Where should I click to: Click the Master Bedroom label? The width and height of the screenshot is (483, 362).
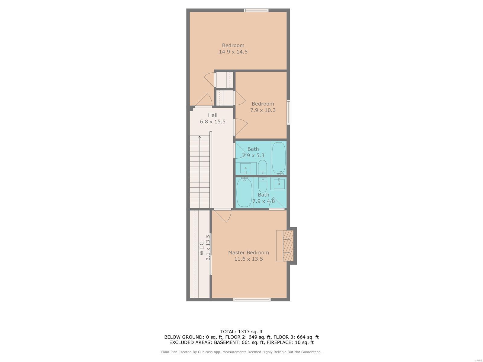248,252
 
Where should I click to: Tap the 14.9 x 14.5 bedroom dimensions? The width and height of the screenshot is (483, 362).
233,52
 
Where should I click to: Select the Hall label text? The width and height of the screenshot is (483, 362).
213,115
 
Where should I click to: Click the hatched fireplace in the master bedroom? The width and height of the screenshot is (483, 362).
288,246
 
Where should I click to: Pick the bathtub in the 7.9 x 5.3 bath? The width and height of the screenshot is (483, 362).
279,158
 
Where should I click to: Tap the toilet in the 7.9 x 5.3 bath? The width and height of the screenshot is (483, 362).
262,167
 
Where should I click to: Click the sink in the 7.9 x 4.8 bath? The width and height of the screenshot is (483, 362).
279,184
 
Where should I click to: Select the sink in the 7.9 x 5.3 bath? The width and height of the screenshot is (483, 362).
245,169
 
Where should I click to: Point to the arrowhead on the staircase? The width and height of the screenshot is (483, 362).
200,137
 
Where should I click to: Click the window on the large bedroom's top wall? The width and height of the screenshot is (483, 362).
256,10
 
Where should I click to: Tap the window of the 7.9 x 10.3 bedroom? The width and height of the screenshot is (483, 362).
288,112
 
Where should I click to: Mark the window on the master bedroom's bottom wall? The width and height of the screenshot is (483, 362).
252,299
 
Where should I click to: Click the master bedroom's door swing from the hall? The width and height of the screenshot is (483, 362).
225,217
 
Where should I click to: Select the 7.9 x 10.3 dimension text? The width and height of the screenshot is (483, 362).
263,110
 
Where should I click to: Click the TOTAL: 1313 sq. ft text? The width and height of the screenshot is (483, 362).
241,332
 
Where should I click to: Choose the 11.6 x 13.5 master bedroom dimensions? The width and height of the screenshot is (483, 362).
248,259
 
